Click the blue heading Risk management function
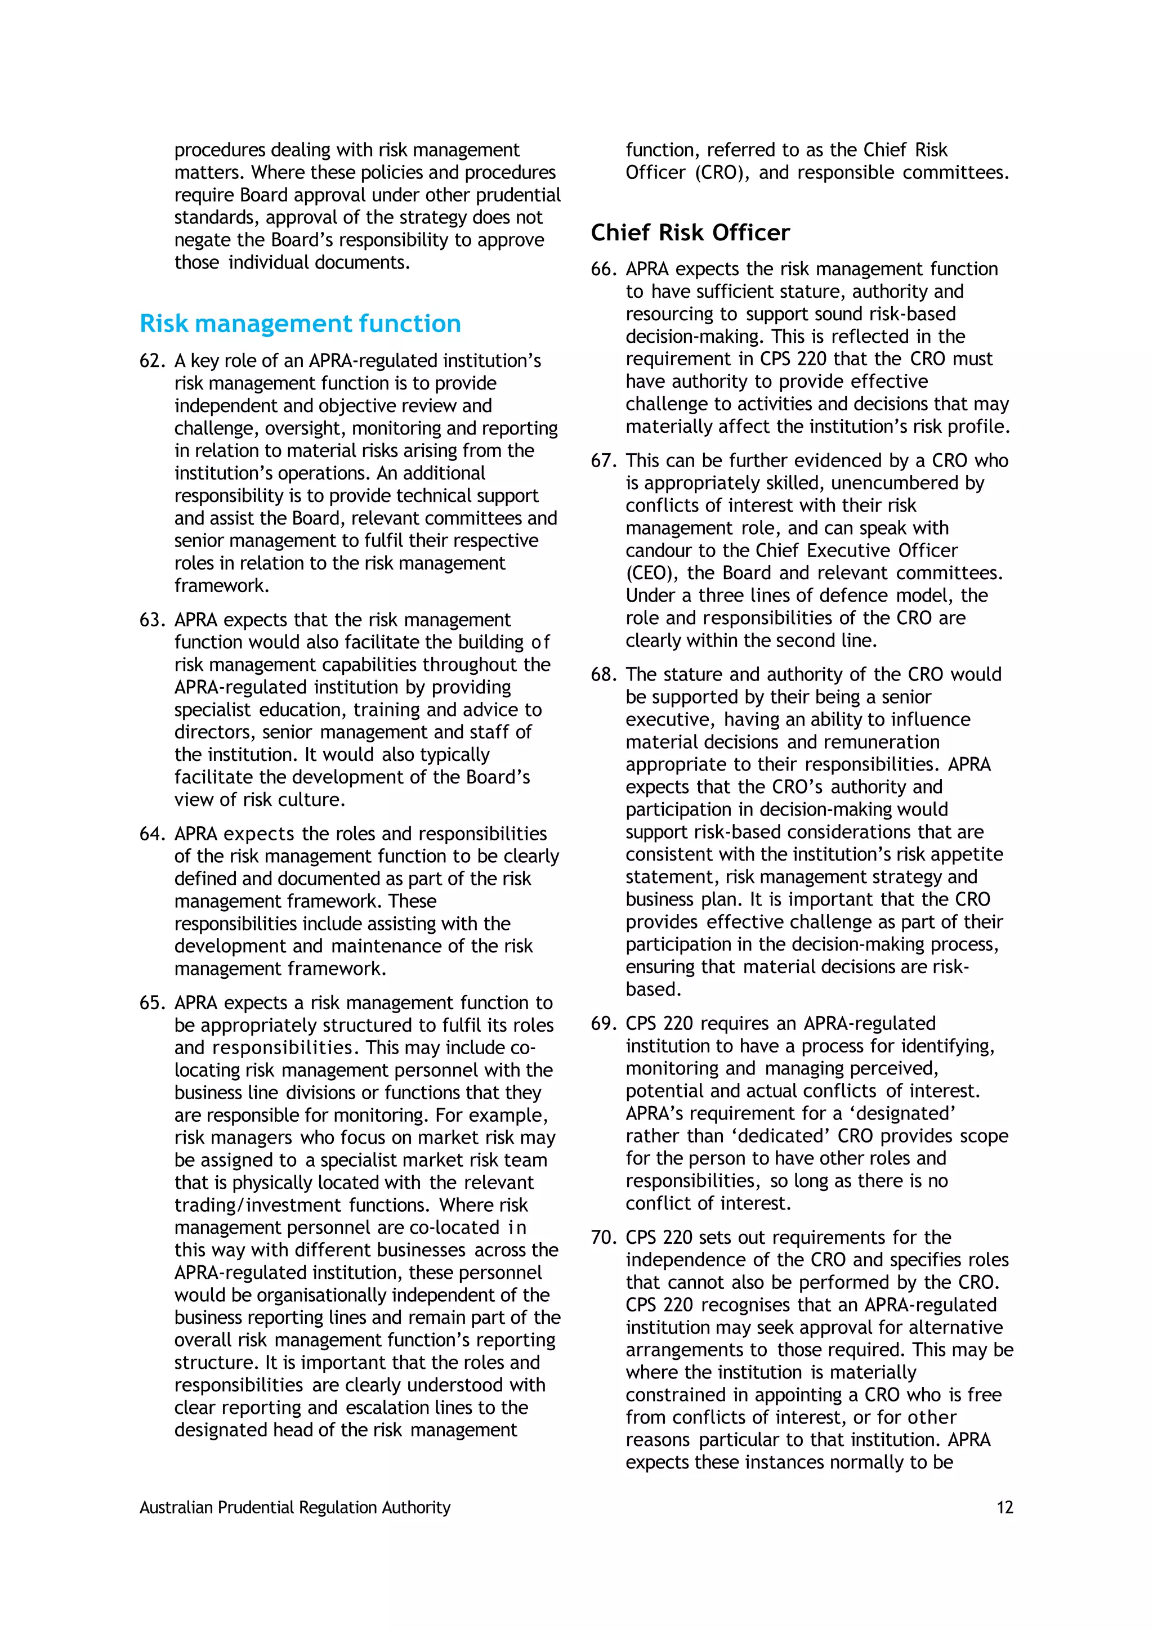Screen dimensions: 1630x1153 [300, 324]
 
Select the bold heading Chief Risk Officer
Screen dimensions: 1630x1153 [690, 233]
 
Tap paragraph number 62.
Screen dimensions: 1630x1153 [152, 361]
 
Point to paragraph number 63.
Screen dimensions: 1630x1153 [152, 620]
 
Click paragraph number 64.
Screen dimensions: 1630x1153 [152, 834]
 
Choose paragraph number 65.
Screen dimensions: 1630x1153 [152, 1003]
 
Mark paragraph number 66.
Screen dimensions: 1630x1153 [603, 270]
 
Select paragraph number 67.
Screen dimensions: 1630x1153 [603, 462]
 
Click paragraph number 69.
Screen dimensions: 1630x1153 [603, 1024]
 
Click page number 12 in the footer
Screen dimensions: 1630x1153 [1004, 1508]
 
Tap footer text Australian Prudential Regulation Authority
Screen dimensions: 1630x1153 [294, 1508]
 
